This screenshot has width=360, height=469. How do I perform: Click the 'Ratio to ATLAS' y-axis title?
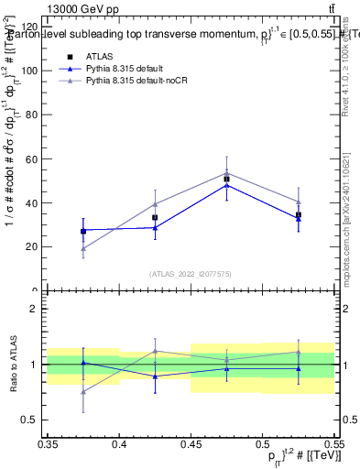coord(12,365)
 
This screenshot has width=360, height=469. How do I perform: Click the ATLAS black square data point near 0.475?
coord(226,179)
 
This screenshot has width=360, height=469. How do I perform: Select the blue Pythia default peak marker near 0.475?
coord(226,185)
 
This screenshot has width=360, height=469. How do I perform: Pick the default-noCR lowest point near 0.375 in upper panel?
coord(83,248)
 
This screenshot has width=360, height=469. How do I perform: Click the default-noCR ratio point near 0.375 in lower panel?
coord(83,392)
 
